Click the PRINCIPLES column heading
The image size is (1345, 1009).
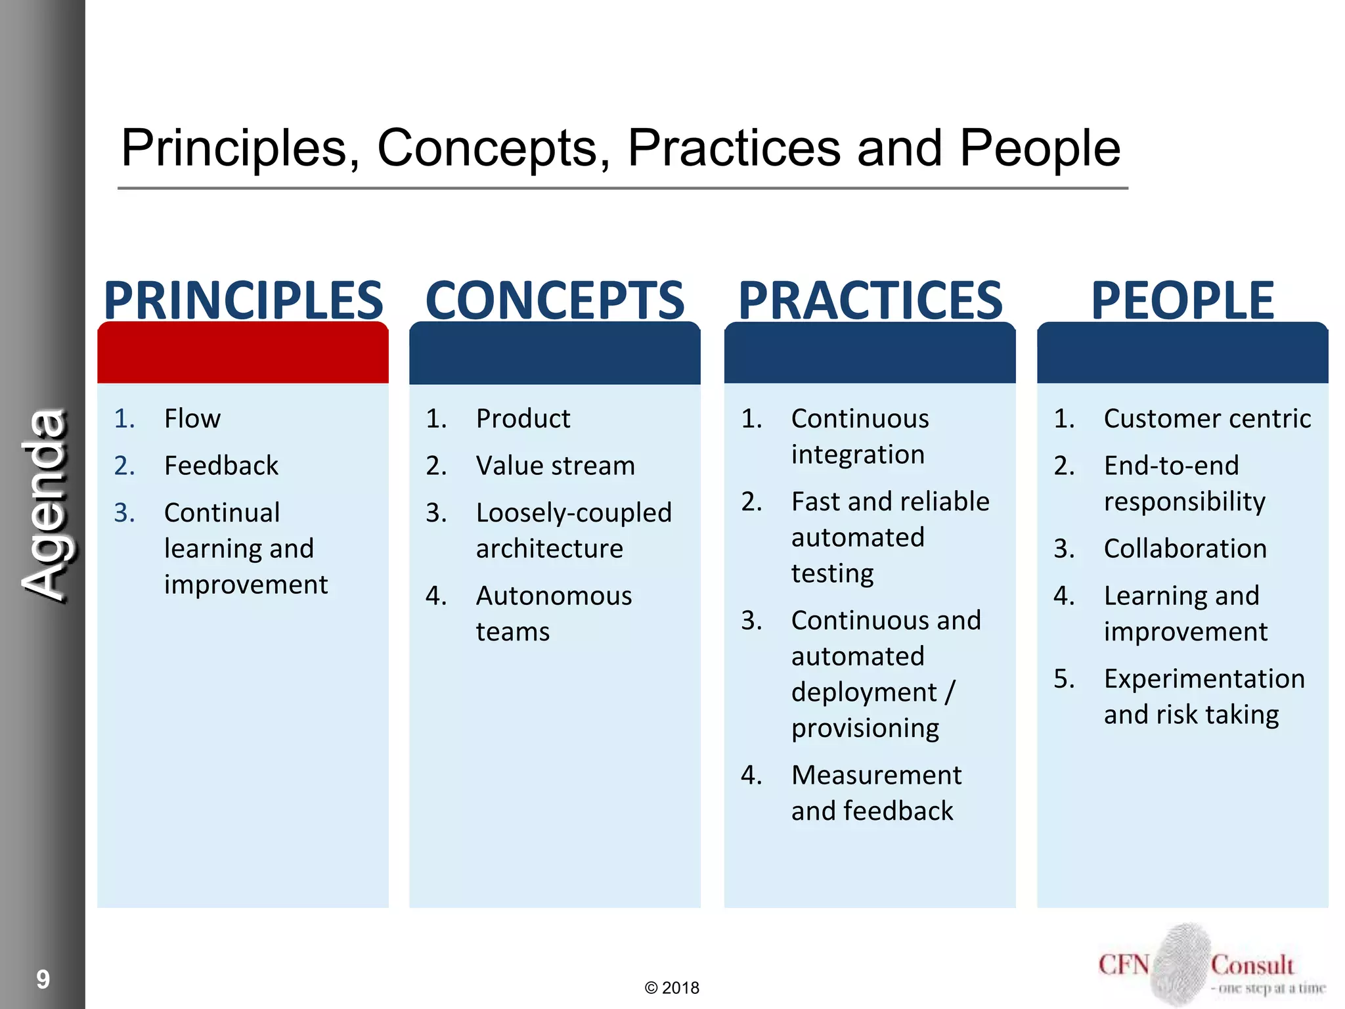coord(243,300)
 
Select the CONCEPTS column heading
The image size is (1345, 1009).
coord(555,300)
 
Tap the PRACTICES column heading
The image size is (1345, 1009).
coord(870,300)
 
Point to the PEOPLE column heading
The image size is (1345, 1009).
coord(1182,300)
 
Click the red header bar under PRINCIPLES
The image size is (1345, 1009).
coord(243,353)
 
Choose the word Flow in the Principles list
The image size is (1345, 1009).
coord(192,418)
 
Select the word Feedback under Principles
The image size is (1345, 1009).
coord(221,466)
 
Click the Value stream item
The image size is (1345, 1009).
coord(556,466)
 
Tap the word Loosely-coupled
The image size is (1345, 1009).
coord(574,513)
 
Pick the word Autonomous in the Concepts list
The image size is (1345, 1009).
coord(554,596)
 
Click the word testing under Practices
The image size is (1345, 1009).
coord(832,573)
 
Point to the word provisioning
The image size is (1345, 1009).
coord(865,729)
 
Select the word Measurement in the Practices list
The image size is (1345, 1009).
coord(876,775)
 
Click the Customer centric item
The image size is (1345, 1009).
coord(1207,418)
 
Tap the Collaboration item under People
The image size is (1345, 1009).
coord(1185,549)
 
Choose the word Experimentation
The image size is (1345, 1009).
coord(1204,679)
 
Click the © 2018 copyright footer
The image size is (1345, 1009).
coord(672,988)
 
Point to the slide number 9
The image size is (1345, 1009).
coord(43,979)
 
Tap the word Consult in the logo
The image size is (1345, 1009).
coord(1252,965)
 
